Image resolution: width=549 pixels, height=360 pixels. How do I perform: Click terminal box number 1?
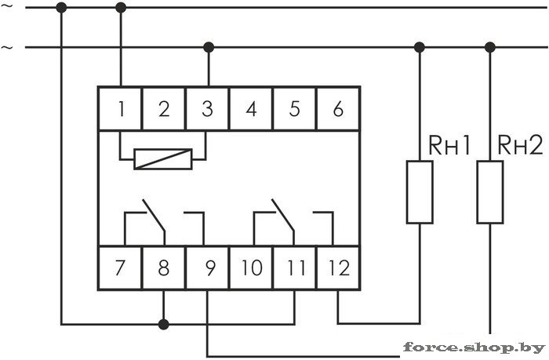click(120, 109)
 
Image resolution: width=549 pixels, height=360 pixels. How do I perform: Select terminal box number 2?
click(163, 109)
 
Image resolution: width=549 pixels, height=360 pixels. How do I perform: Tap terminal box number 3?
click(207, 109)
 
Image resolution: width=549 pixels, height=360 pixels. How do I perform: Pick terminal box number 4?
click(251, 109)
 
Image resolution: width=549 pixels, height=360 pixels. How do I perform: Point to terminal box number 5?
click(294, 109)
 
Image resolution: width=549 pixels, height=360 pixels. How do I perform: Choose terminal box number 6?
click(338, 109)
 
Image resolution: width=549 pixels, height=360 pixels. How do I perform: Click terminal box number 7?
click(120, 269)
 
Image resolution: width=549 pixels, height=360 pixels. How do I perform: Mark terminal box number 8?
click(163, 269)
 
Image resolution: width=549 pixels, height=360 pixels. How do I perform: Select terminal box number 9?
click(208, 269)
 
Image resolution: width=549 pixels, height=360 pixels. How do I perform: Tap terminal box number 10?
click(251, 269)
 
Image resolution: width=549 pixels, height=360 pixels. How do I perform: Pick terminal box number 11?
click(294, 269)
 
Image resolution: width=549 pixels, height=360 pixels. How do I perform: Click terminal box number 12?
click(338, 269)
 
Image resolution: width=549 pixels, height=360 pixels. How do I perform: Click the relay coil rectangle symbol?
click(162, 159)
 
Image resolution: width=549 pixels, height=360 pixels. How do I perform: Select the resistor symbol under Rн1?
click(419, 191)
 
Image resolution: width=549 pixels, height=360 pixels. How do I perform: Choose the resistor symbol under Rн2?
click(490, 191)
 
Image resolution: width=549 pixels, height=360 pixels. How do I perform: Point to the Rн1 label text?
click(449, 144)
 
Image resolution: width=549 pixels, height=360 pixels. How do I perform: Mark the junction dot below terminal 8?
click(163, 323)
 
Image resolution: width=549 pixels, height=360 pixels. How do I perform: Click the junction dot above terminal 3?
click(207, 47)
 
